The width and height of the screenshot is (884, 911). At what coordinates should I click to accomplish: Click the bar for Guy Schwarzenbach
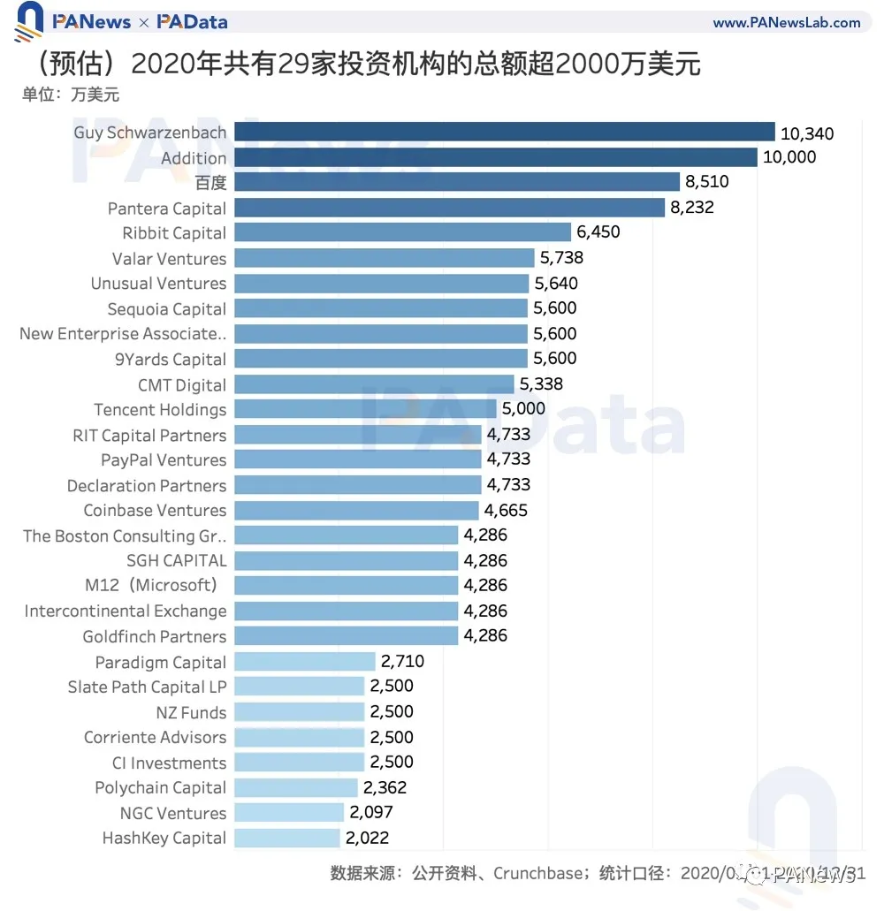(x=504, y=133)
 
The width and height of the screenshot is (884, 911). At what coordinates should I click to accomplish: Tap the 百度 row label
(x=211, y=183)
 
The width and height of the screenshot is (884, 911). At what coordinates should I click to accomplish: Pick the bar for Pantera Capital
(x=449, y=208)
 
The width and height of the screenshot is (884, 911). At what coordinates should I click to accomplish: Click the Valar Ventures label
(x=169, y=259)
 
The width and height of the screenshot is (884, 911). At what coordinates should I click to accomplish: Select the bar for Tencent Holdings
(x=365, y=409)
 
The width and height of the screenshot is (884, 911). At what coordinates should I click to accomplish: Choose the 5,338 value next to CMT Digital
(x=540, y=384)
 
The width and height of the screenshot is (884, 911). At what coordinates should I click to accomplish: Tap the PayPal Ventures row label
(x=164, y=459)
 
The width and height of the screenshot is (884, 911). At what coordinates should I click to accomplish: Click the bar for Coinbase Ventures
(x=356, y=510)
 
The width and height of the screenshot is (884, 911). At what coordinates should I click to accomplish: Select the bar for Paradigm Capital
(x=305, y=662)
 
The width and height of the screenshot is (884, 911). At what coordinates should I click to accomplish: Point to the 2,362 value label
(x=385, y=787)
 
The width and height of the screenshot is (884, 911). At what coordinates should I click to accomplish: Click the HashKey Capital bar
(x=287, y=838)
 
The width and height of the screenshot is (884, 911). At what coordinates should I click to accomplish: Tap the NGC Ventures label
(x=173, y=813)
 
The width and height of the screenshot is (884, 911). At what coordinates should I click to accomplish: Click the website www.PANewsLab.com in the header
(x=787, y=22)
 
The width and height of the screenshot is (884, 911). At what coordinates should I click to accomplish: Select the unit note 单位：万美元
(x=71, y=95)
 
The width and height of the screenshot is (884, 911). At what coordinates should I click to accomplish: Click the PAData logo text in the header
(x=192, y=22)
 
